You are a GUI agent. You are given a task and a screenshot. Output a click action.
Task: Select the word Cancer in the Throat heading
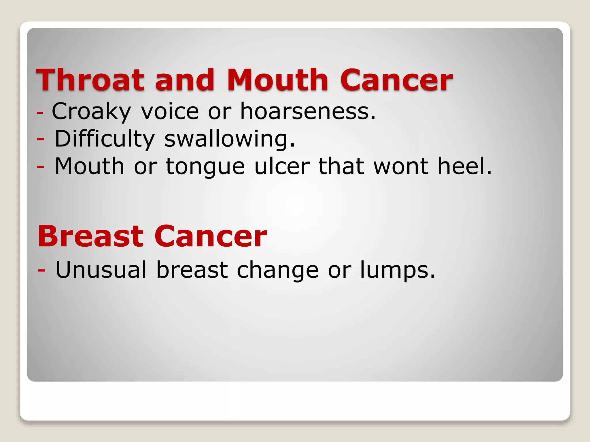click(x=396, y=80)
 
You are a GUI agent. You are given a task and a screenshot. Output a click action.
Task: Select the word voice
click(x=170, y=111)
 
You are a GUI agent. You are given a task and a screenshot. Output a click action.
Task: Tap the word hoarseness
click(x=308, y=111)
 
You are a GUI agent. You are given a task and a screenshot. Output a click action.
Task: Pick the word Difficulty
click(x=105, y=139)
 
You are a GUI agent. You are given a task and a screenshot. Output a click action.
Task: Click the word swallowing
click(x=230, y=139)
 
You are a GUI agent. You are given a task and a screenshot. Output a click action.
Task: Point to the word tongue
click(x=205, y=166)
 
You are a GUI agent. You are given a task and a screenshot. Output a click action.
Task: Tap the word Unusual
click(x=101, y=270)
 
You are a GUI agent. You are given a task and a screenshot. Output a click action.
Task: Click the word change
click(x=277, y=270)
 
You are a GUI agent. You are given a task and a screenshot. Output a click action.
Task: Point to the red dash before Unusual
click(x=41, y=270)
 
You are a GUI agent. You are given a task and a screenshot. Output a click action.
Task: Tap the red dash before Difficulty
click(x=41, y=139)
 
